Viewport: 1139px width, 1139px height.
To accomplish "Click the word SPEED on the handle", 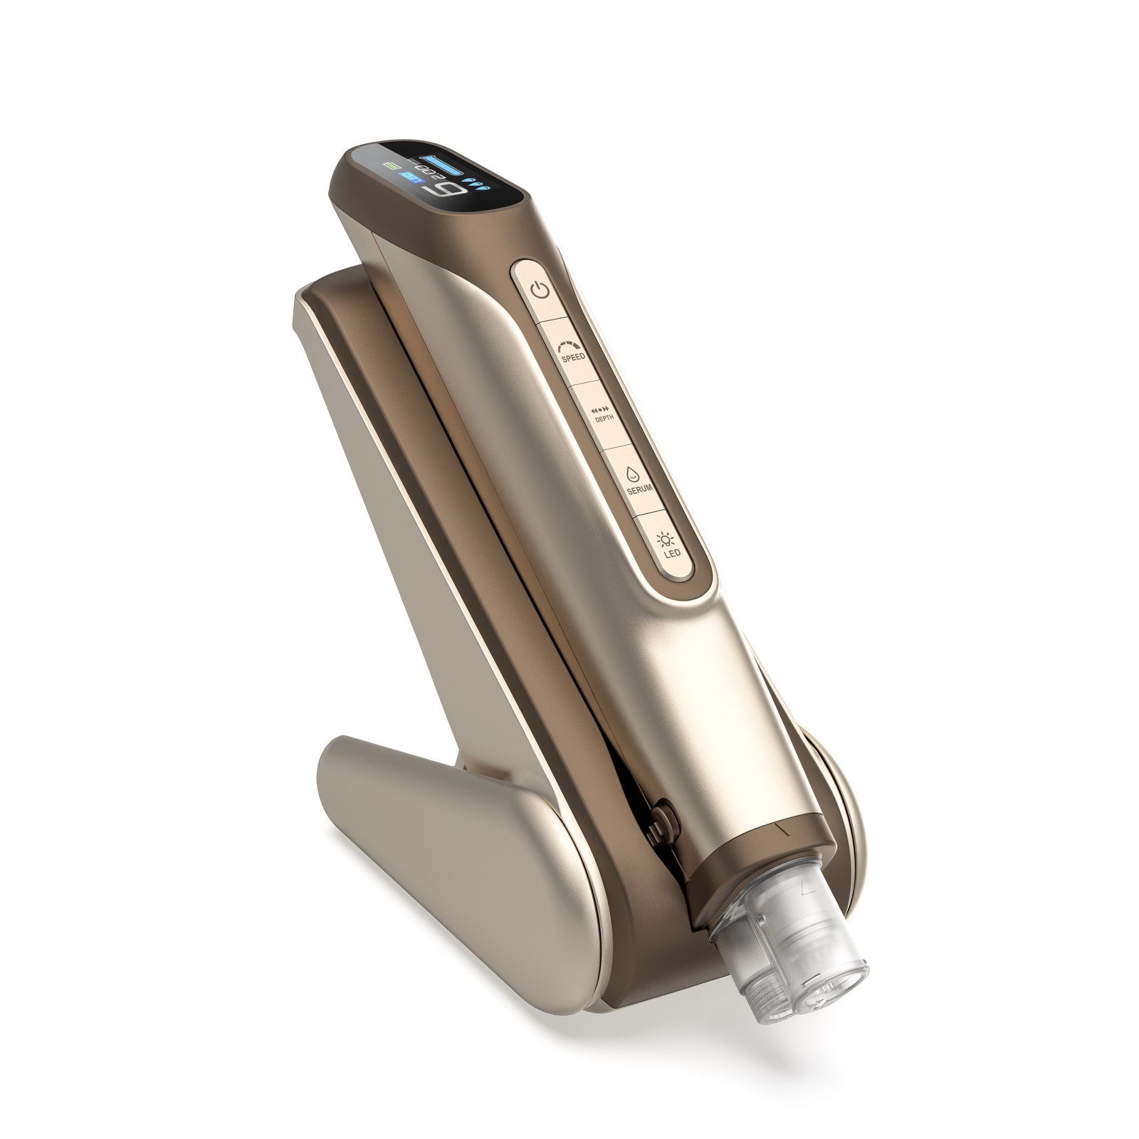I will tap(573, 357).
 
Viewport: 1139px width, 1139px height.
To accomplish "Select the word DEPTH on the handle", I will tap(604, 420).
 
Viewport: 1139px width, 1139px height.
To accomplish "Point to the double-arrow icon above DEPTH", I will tap(601, 409).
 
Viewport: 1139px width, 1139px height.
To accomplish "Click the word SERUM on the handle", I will tap(637, 488).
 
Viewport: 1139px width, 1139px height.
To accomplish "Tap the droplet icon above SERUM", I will tap(631, 473).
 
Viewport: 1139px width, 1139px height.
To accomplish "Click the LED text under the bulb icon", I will tap(668, 553).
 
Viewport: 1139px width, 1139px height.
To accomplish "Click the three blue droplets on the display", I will tap(474, 186).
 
